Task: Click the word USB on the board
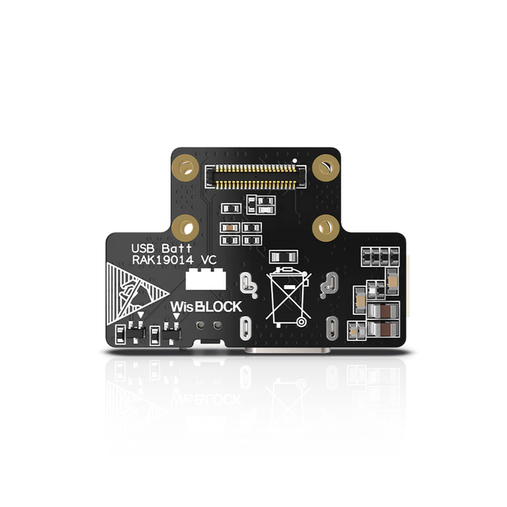coord(142,248)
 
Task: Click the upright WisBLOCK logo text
coord(206,306)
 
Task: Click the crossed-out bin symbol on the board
coord(289,296)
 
